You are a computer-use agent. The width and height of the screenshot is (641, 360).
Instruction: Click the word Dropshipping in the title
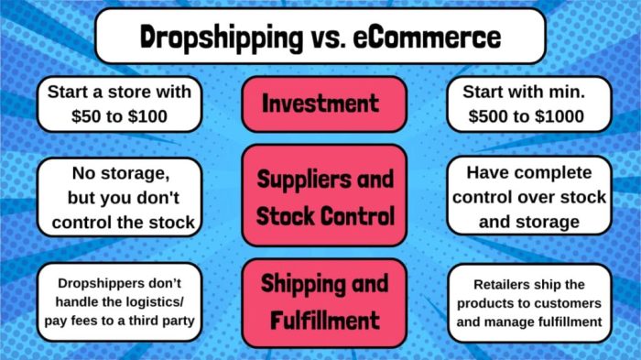[215, 38]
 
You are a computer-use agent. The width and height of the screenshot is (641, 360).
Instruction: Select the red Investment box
[320, 104]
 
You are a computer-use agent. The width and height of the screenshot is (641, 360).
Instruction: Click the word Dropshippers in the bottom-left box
[91, 284]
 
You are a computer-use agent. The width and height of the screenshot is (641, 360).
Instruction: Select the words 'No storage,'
[121, 172]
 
